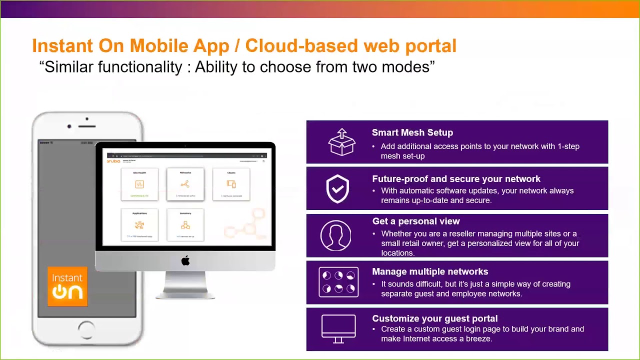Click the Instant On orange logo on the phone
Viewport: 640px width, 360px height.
click(x=67, y=286)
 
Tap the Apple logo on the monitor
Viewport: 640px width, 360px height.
click(x=185, y=260)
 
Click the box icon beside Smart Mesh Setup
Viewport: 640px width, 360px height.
click(x=341, y=142)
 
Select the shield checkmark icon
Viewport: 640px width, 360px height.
click(x=337, y=188)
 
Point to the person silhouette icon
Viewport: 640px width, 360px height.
click(x=335, y=235)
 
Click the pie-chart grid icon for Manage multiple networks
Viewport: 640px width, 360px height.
click(x=338, y=282)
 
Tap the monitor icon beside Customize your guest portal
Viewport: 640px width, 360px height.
click(x=338, y=328)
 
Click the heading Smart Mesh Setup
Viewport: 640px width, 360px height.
click(x=412, y=132)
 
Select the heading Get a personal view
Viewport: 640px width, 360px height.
click(x=415, y=221)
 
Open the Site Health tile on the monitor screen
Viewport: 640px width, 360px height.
click(x=139, y=184)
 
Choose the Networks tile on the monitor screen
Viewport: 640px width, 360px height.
click(x=185, y=184)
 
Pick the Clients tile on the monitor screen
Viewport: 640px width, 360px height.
click(x=231, y=184)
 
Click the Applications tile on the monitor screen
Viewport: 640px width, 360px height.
click(x=139, y=225)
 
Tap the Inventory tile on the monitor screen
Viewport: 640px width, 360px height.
click(x=185, y=225)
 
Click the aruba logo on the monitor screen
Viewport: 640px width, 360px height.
click(x=113, y=161)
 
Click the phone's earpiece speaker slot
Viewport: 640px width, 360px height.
click(x=86, y=126)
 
